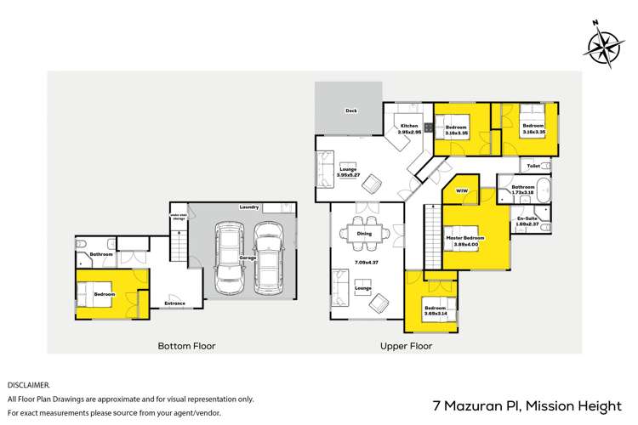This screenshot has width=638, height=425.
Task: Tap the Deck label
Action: click(350, 110)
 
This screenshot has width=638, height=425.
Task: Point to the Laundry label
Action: click(249, 207)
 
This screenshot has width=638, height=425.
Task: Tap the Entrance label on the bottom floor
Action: click(175, 303)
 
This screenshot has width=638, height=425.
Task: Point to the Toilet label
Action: click(533, 166)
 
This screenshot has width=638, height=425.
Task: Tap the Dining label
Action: click(364, 233)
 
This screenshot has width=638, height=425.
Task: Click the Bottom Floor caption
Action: click(186, 346)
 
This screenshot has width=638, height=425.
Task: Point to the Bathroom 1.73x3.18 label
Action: click(522, 190)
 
